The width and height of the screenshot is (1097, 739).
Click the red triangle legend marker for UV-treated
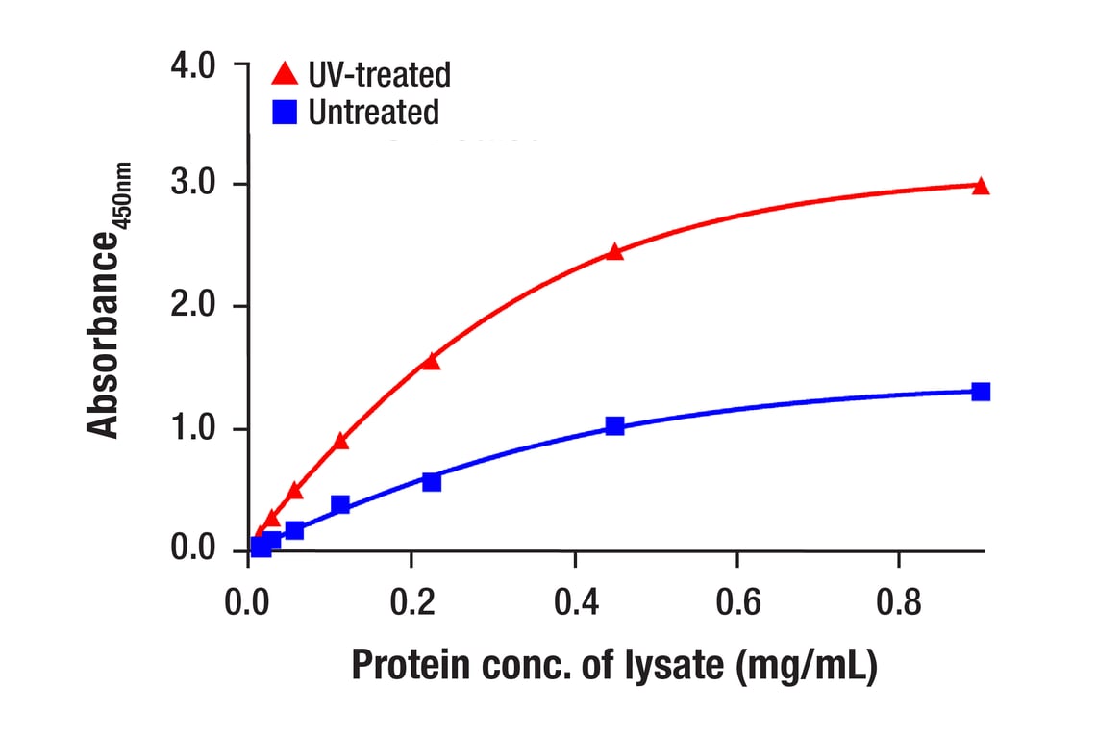(x=284, y=73)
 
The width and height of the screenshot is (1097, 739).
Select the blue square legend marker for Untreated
(x=284, y=113)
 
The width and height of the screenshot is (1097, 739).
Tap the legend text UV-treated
(x=379, y=74)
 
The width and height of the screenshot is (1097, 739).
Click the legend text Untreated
(x=373, y=113)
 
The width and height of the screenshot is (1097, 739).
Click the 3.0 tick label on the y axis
(x=195, y=184)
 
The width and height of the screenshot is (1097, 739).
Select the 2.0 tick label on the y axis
(x=195, y=306)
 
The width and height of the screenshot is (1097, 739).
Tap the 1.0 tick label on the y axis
(x=195, y=428)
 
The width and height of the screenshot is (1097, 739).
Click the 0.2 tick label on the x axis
(x=411, y=603)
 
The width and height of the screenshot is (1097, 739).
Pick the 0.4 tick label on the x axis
(x=574, y=603)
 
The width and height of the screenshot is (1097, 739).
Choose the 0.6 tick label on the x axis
(x=737, y=603)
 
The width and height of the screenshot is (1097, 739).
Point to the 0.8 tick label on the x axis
(x=899, y=603)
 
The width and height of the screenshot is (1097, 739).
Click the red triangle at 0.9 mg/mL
(x=981, y=186)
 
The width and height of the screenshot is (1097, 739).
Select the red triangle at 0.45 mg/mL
(x=615, y=252)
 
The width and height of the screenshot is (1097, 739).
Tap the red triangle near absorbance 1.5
(x=431, y=361)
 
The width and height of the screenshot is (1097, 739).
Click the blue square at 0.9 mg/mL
(x=981, y=392)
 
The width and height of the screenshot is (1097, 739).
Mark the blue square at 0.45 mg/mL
(x=615, y=425)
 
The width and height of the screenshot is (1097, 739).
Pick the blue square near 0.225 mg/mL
(x=432, y=481)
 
